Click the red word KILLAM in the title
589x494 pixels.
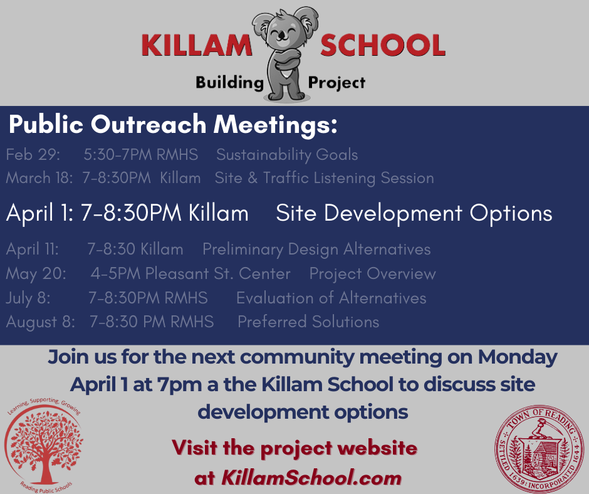pyautogui.click(x=197, y=45)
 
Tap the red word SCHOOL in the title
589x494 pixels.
pyautogui.click(x=383, y=45)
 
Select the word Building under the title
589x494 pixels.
pyautogui.click(x=230, y=82)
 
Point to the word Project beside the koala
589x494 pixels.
pyautogui.click(x=336, y=83)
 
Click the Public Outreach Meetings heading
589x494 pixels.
pyautogui.click(x=173, y=124)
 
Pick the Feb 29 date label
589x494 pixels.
pyautogui.click(x=33, y=154)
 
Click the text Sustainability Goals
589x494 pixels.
pyautogui.click(x=287, y=155)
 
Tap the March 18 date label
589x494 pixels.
pyautogui.click(x=39, y=178)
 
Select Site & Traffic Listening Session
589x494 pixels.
pyautogui.click(x=324, y=178)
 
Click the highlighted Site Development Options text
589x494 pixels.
pyautogui.click(x=414, y=213)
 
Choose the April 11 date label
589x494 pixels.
pyautogui.click(x=33, y=250)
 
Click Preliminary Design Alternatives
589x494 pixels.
pyautogui.click(x=316, y=250)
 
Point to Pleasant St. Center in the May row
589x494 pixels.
pyautogui.click(x=218, y=274)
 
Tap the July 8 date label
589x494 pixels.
pyautogui.click(x=28, y=298)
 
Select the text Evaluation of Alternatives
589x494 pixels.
pyautogui.click(x=331, y=298)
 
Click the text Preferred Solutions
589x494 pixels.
pyautogui.click(x=308, y=322)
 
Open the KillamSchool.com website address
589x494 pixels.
pyautogui.click(x=311, y=478)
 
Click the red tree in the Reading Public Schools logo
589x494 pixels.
pyautogui.click(x=46, y=445)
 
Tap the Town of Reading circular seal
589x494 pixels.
pyautogui.click(x=539, y=449)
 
